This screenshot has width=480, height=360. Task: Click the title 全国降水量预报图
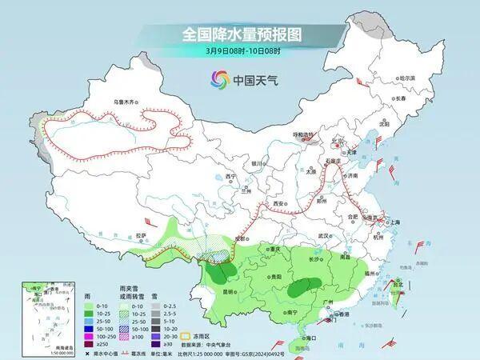[x=240, y=34]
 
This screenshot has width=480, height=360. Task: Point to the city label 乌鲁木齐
[x=126, y=102]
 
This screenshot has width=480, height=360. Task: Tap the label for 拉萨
[x=142, y=234]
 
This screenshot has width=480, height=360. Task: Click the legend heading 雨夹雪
[x=124, y=297]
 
